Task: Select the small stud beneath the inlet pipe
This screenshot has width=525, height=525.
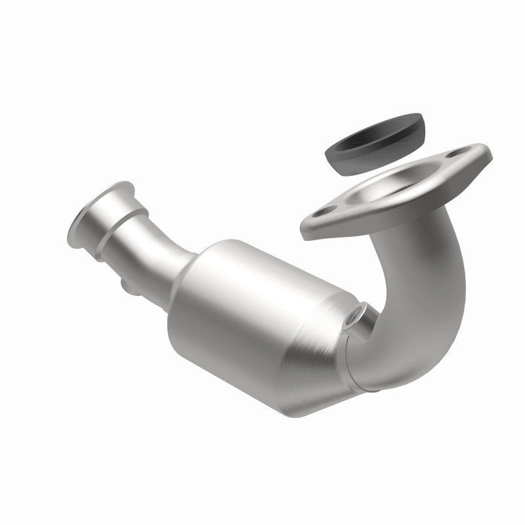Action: (125, 285)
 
